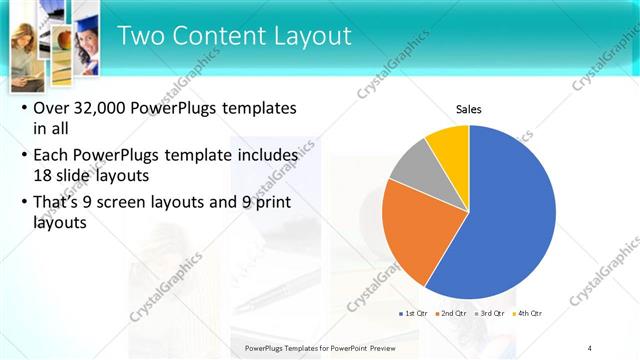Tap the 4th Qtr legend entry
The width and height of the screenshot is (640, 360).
click(x=528, y=313)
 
